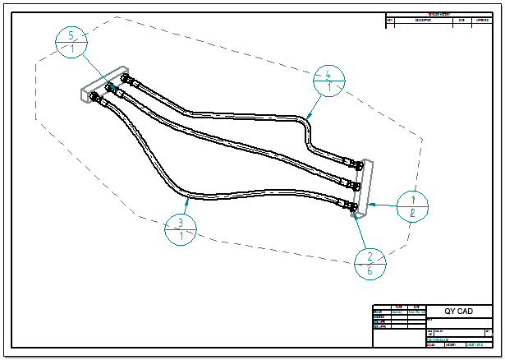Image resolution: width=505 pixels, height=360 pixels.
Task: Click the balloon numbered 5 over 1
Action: (x=73, y=43)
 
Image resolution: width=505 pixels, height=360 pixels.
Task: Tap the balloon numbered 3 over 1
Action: (x=180, y=229)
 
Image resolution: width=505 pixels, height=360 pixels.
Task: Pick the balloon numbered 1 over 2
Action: (x=414, y=206)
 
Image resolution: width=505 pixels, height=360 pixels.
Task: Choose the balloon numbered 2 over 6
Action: (x=370, y=262)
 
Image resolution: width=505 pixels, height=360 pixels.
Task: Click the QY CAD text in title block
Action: (x=458, y=312)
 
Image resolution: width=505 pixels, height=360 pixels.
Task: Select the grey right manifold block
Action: (x=362, y=186)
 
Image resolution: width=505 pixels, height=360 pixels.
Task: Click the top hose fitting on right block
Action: (x=352, y=164)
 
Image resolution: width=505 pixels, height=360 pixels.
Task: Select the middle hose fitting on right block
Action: (x=350, y=182)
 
